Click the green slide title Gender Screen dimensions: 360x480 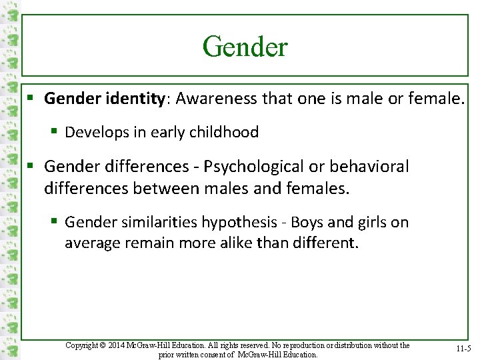245,47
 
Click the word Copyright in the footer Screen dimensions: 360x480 83,345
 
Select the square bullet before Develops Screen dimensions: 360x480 55,132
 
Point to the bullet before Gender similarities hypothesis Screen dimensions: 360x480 55,222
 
